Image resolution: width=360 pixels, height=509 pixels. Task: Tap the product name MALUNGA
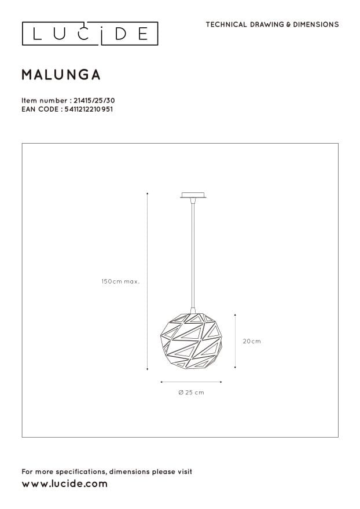[x=61, y=75]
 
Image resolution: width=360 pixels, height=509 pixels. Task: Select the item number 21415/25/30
[x=94, y=101]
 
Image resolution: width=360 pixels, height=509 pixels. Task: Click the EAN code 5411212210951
[x=89, y=109]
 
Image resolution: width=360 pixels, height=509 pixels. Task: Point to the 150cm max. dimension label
[x=120, y=281]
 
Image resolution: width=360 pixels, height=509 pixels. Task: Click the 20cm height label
[x=252, y=341]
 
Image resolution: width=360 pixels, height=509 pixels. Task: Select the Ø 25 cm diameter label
[x=192, y=393]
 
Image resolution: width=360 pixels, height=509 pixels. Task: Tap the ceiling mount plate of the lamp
[x=193, y=195]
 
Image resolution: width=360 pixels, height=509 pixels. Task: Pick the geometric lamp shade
[x=192, y=341]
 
